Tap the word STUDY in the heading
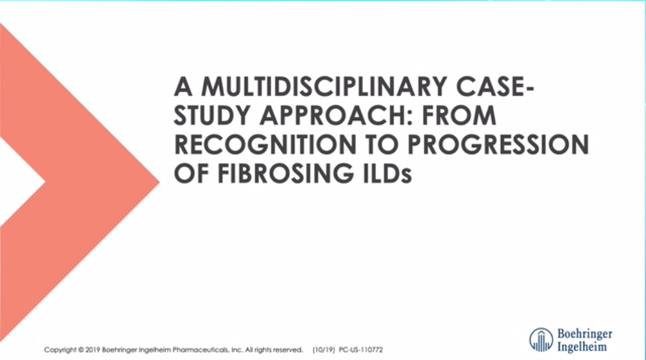(212, 116)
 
